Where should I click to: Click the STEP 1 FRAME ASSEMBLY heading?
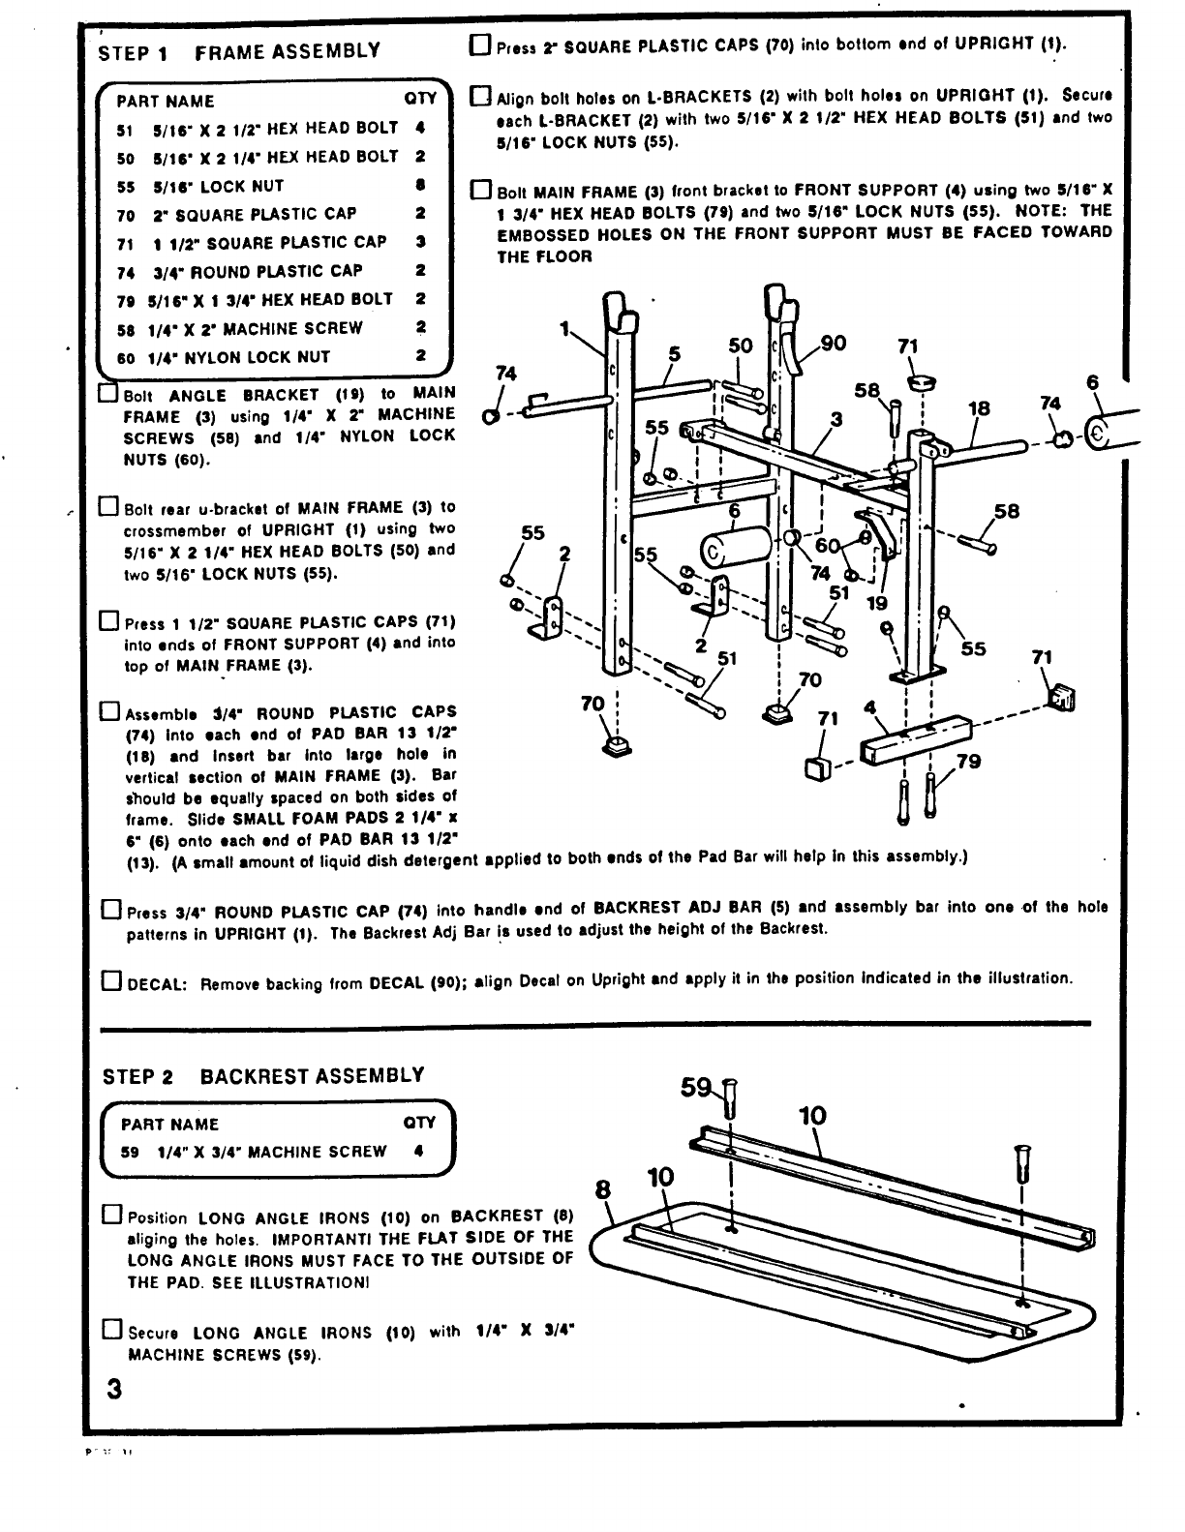click(x=239, y=52)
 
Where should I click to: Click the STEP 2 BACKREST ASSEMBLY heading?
click(x=263, y=1075)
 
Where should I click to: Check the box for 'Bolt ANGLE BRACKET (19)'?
click(x=109, y=395)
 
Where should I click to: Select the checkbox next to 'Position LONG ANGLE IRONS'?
click(x=111, y=1216)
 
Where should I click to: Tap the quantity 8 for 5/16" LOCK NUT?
click(x=420, y=185)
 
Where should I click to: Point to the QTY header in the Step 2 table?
click(x=419, y=1124)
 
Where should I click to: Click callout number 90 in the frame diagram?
click(x=833, y=344)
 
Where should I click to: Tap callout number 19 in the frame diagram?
click(x=876, y=603)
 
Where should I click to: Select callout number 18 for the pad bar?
click(x=979, y=408)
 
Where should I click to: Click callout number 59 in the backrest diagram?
click(x=695, y=1087)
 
